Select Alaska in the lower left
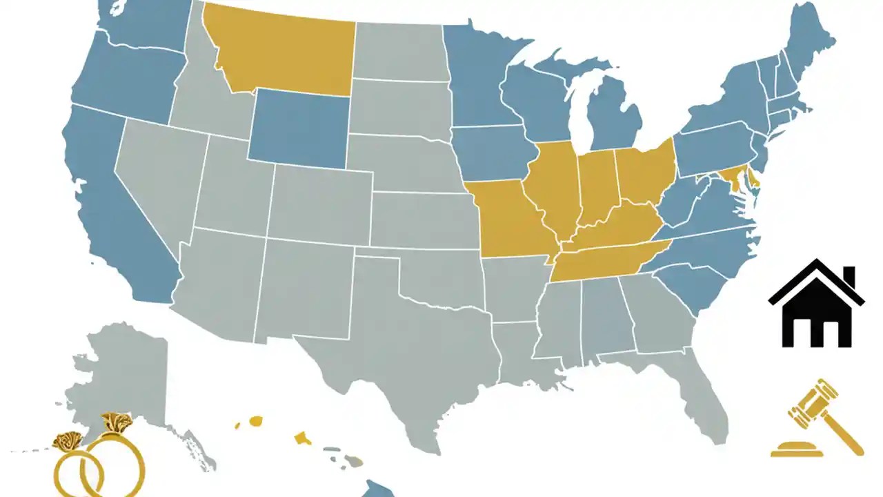point(124,373)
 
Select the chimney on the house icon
point(849,277)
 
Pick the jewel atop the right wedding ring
point(117,422)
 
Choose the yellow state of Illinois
point(555,186)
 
